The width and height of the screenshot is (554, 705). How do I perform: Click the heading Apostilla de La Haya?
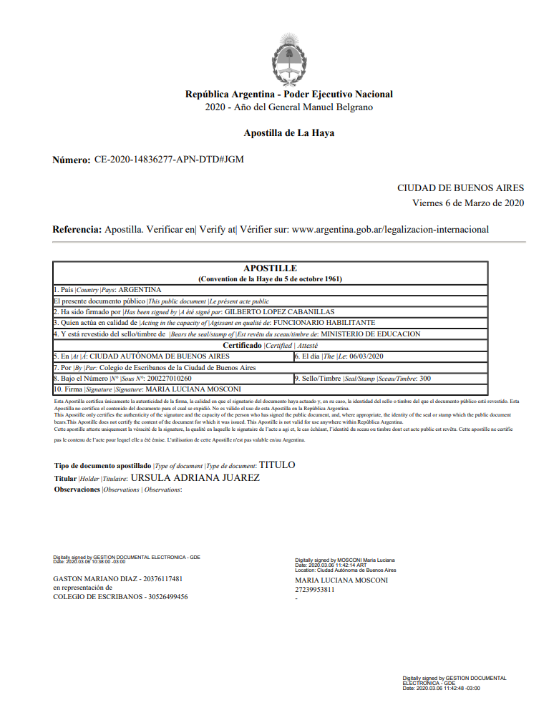pos(288,133)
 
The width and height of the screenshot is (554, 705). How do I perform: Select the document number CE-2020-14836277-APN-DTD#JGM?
pos(169,160)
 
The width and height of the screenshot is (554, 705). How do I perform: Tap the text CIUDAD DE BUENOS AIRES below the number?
pos(460,188)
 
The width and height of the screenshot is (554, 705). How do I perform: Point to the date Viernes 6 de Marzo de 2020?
pos(468,203)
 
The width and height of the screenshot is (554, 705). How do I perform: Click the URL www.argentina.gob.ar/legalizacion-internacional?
pos(390,230)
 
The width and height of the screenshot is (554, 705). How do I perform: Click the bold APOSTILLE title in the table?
pos(270,268)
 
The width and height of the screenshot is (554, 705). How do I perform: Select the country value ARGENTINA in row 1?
pos(140,290)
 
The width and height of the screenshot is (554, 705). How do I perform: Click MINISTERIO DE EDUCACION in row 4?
pos(370,334)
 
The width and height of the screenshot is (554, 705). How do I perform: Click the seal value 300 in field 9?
pos(424,378)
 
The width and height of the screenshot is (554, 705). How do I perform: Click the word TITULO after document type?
pos(276,465)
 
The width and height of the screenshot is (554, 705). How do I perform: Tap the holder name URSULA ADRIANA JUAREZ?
pos(195,477)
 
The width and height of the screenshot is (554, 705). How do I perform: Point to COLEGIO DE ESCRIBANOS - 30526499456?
pos(120,596)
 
